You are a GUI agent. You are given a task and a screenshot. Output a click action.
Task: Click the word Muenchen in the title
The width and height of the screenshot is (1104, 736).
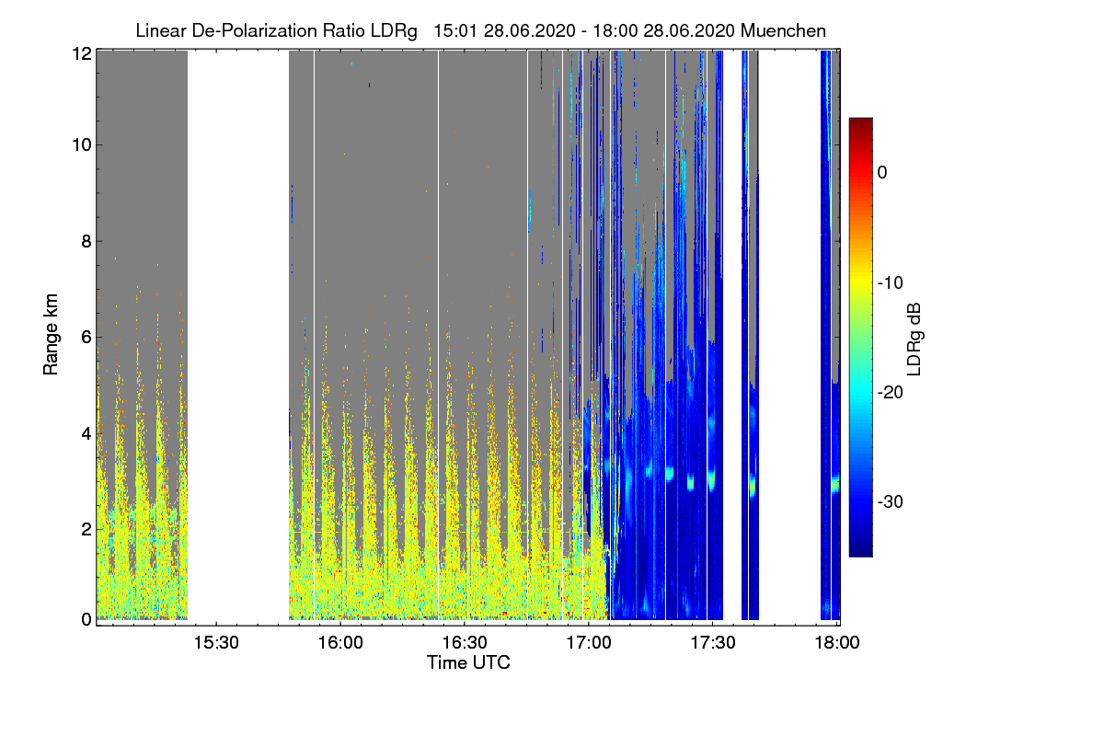(x=783, y=30)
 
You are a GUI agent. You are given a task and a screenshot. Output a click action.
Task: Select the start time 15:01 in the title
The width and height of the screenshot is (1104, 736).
(x=455, y=30)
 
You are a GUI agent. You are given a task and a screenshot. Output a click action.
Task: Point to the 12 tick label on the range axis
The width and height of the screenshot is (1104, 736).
(x=82, y=53)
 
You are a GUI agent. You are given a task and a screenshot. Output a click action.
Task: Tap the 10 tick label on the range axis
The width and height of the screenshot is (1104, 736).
(x=82, y=145)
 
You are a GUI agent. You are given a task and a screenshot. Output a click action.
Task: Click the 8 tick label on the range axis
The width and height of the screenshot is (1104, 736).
(x=86, y=241)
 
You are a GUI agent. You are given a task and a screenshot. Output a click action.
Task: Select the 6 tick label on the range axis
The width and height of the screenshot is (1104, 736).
(x=86, y=338)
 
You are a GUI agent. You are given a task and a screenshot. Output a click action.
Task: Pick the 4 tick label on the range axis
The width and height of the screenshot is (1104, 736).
(x=86, y=434)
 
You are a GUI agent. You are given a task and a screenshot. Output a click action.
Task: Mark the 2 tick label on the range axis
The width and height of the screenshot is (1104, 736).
(x=86, y=529)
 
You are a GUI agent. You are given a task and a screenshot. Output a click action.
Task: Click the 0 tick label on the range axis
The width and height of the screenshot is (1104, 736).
(x=86, y=619)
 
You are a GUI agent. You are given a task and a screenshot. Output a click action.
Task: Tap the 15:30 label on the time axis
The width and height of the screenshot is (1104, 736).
(x=216, y=642)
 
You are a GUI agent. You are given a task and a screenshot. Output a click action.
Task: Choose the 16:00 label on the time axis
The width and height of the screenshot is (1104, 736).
(x=340, y=642)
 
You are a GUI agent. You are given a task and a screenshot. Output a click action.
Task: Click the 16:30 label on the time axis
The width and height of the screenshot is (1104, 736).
(x=465, y=642)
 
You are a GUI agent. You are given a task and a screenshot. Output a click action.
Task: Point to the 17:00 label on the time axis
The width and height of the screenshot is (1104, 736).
(x=589, y=642)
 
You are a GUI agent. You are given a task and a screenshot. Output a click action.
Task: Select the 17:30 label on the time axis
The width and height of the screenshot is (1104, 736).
(x=713, y=642)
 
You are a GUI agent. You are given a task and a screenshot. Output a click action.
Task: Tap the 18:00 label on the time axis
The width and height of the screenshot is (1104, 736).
(x=837, y=642)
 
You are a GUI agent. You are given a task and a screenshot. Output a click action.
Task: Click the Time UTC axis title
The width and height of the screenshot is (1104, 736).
(x=468, y=662)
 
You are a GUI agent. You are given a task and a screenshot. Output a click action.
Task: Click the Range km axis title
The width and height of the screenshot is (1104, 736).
(x=51, y=334)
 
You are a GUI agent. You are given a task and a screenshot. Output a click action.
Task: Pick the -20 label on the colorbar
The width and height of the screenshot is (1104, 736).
(x=891, y=393)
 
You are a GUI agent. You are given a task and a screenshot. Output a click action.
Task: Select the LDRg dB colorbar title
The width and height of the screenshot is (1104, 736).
(x=914, y=339)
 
